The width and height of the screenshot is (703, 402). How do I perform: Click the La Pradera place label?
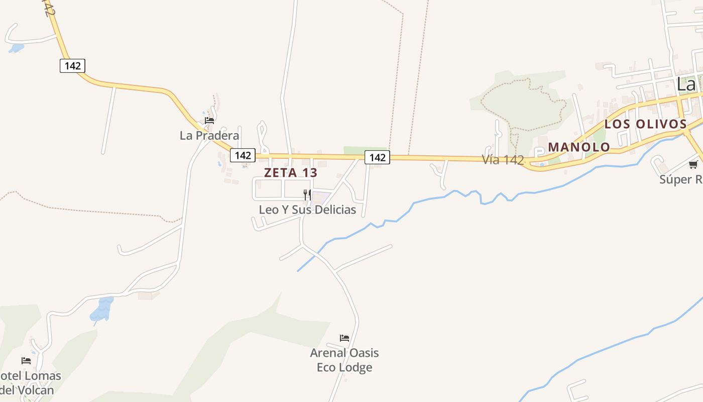pos(209,136)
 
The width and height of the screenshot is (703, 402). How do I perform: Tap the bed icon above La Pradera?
pos(209,121)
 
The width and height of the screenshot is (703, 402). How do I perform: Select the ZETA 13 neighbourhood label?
pos(291,172)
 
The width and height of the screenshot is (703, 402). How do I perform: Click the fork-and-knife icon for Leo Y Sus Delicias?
pos(307,194)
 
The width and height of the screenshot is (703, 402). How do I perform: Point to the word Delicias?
pos(334,210)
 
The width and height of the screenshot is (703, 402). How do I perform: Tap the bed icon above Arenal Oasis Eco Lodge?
pos(344,338)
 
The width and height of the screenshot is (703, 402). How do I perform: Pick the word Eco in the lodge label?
pos(326,367)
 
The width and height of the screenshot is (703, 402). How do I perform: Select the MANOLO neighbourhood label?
pos(579,147)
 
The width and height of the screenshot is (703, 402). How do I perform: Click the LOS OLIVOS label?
pos(645,124)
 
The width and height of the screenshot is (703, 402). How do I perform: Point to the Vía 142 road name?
pos(503,160)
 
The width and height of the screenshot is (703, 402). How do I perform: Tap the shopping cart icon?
pos(693,164)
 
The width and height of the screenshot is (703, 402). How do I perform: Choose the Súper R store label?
pos(681,179)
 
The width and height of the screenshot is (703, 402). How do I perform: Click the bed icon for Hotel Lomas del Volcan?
pos(26,361)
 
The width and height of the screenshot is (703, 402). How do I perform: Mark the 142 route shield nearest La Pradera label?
pos(243,155)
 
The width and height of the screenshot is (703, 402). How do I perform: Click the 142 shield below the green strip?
pos(377,157)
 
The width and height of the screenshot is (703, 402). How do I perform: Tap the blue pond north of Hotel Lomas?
pos(102,309)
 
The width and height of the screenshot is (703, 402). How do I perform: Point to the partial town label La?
pos(686,84)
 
